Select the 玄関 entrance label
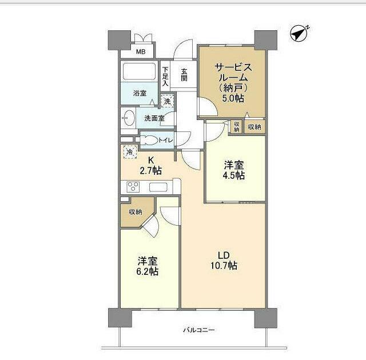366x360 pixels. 184,75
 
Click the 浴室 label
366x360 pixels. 140,93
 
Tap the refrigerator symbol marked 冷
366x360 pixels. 129,153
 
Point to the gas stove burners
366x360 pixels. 133,187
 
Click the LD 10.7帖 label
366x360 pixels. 223,261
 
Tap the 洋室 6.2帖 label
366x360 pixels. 148,266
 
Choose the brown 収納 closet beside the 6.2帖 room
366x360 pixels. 135,212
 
